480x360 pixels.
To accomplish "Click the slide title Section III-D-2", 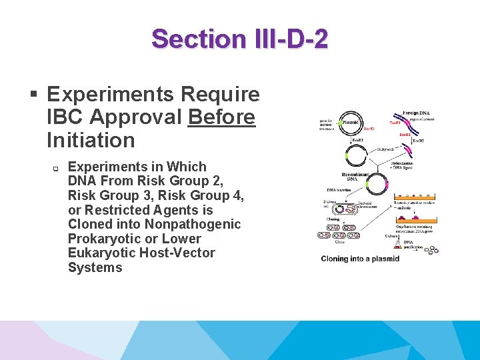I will click(239, 39).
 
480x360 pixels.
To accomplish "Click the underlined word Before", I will click(221, 117).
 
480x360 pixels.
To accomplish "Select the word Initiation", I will click(91, 140).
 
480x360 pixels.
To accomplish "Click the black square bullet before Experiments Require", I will click(34, 94).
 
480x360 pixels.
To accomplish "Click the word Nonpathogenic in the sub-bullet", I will click(192, 224).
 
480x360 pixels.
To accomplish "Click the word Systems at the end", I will click(95, 267).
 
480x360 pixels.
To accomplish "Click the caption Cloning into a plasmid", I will click(360, 258).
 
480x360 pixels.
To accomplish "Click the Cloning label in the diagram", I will click(333, 219).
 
